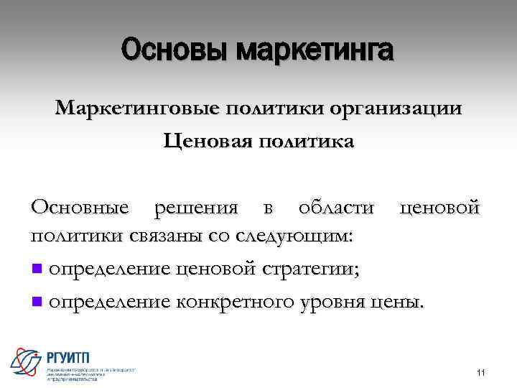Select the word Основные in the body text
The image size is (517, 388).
(x=80, y=208)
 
